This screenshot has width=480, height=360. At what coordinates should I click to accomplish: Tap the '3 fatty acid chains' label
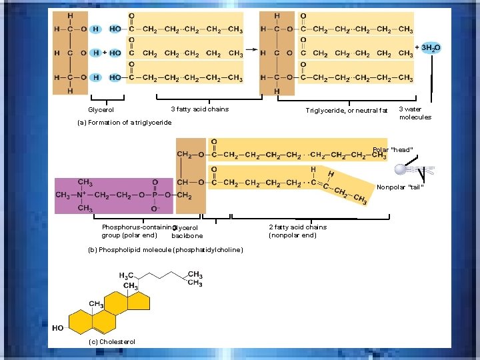coord(199,109)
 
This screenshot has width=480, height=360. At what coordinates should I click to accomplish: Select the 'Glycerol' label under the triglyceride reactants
coord(101,109)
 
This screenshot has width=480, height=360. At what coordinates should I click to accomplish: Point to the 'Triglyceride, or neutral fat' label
coord(346,110)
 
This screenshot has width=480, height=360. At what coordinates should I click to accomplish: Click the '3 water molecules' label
coord(415,113)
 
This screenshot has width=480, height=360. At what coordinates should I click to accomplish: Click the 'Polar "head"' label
coord(393,149)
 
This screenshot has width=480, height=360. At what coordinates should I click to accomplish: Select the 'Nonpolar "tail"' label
coord(400,187)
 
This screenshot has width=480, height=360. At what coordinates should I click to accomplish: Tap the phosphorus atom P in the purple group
coord(155,195)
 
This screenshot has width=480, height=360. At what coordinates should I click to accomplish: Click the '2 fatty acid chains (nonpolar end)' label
coord(297,231)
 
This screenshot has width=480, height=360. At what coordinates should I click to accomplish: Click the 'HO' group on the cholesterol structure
coord(58,328)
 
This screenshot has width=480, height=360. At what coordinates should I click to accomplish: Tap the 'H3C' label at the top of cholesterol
coord(126,275)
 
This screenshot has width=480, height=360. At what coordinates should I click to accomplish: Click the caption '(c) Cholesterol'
coord(111,341)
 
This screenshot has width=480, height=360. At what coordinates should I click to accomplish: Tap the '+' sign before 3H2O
coord(418,48)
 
